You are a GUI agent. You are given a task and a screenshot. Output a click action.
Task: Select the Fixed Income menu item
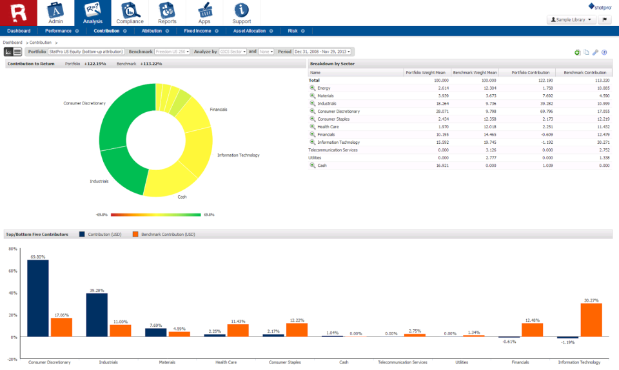coord(197,30)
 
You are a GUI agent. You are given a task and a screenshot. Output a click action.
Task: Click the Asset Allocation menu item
coord(250,30)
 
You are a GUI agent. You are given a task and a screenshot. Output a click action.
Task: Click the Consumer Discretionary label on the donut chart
coord(84,103)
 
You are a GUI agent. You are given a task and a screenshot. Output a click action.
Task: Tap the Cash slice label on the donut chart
coord(182,197)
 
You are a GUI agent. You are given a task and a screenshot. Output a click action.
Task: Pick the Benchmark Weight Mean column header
coord(475,73)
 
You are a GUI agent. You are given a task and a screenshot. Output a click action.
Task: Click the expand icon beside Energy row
coord(313,88)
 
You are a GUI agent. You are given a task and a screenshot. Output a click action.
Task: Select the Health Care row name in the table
coord(328,127)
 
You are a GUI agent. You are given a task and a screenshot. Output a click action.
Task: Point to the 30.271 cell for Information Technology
coord(601,142)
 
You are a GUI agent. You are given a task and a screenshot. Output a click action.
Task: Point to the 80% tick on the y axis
coord(12,248)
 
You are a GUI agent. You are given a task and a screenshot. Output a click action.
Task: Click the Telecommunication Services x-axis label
coord(402,362)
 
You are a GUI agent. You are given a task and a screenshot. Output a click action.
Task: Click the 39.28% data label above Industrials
coord(97,291)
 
